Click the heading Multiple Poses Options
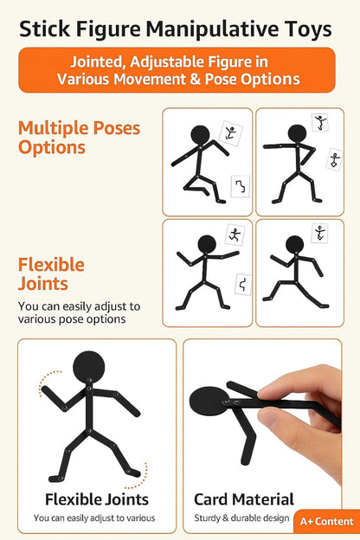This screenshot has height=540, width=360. [79, 138]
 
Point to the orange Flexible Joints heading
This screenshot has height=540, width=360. [51, 273]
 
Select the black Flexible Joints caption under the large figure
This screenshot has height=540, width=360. [97, 499]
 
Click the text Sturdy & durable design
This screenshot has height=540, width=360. [240, 517]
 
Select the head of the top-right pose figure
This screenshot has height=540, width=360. [297, 133]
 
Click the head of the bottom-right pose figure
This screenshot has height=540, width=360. [295, 243]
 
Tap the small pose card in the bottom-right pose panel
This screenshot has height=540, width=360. [321, 234]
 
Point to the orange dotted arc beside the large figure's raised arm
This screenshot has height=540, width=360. [45, 384]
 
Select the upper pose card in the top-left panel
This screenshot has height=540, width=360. [230, 132]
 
